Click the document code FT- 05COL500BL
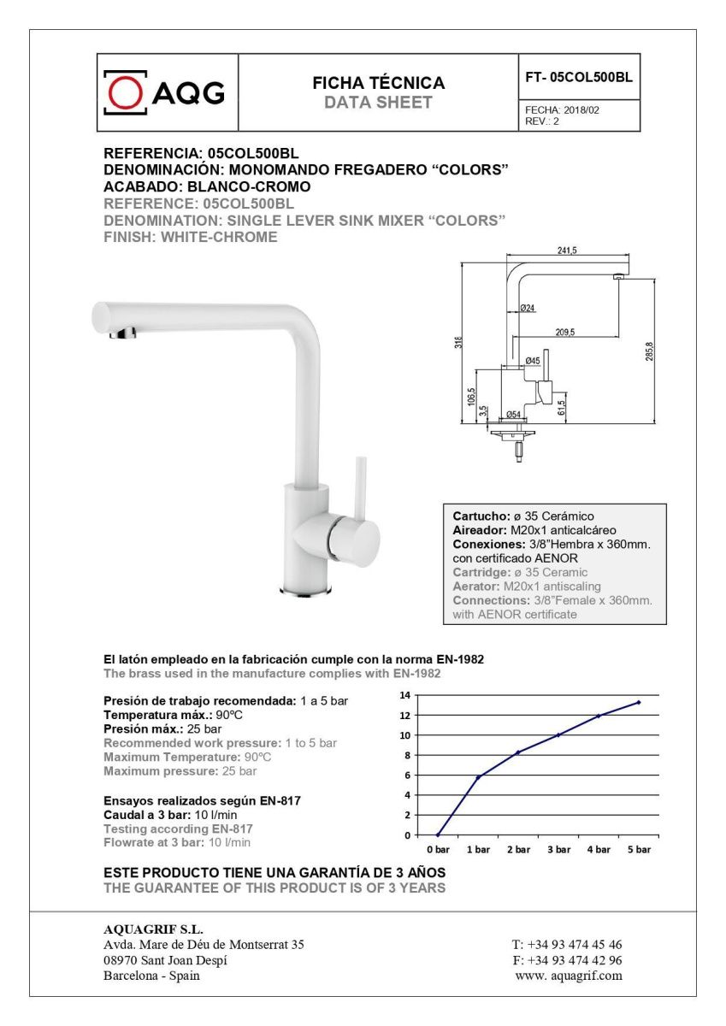tap(579, 77)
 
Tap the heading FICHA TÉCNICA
tap(378, 83)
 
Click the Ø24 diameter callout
tap(527, 308)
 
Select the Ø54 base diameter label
tap(513, 415)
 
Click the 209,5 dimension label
tap(564, 332)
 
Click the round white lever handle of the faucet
tap(356, 540)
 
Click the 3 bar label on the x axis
tap(558, 850)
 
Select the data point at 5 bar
tap(638, 702)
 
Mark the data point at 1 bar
tap(478, 776)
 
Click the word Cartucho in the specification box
tap(481, 516)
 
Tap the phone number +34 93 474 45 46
tap(567, 945)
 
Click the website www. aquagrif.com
tap(568, 976)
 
